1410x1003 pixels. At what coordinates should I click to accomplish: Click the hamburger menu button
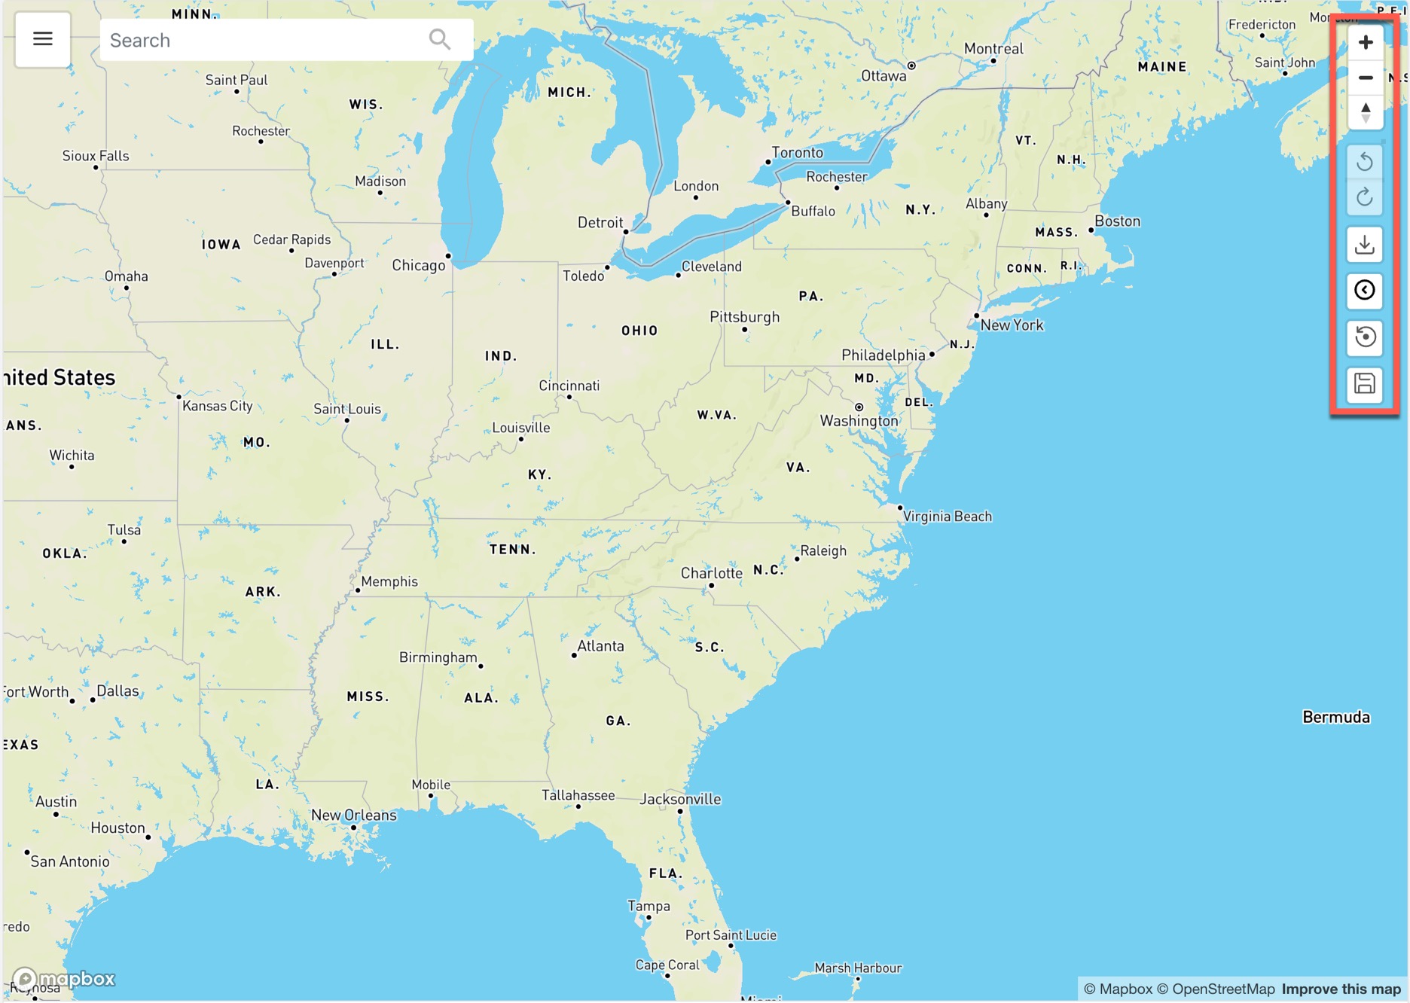(x=43, y=39)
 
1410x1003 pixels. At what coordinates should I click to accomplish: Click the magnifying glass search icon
(x=439, y=39)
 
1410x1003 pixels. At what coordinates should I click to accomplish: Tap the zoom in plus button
(x=1365, y=42)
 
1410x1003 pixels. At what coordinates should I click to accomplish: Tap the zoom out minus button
(x=1365, y=78)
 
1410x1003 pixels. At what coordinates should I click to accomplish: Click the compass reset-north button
(x=1365, y=113)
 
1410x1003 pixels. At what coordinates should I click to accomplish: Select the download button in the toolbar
(x=1365, y=245)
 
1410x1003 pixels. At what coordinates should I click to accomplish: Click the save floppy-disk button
(x=1365, y=384)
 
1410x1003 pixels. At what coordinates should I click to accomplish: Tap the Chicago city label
(x=419, y=265)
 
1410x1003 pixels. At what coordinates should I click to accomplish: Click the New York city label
(x=1012, y=325)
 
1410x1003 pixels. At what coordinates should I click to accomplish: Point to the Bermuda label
(x=1335, y=717)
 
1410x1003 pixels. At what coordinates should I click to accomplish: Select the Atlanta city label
(x=600, y=646)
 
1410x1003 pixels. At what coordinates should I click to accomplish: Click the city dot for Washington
(x=859, y=407)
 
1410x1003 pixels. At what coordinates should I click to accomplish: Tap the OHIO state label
(x=639, y=331)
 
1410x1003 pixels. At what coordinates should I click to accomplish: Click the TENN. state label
(x=513, y=550)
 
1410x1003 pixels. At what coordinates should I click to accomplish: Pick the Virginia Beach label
(x=948, y=517)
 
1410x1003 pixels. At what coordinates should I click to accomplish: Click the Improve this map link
(x=1341, y=989)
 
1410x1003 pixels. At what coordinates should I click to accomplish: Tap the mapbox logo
(x=64, y=979)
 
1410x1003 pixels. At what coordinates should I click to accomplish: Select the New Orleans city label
(x=353, y=815)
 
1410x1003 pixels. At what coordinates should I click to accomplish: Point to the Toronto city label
(x=797, y=153)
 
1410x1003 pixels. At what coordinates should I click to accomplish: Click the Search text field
(x=264, y=40)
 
